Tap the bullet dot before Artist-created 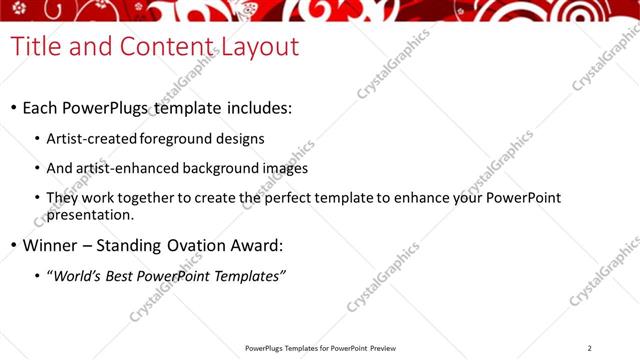pos(38,140)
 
